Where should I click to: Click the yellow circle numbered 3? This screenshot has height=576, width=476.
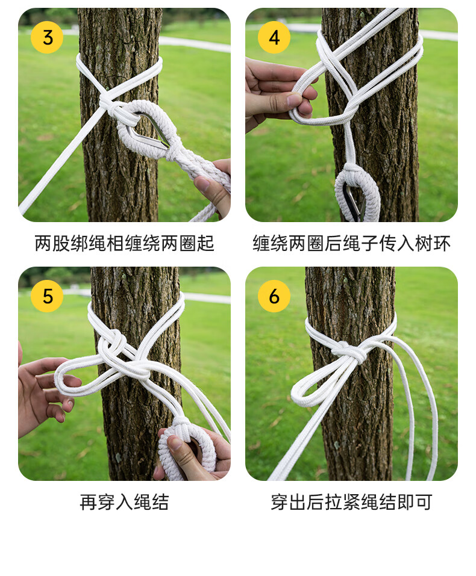tap(47, 37)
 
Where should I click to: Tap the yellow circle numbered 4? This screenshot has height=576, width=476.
tap(274, 37)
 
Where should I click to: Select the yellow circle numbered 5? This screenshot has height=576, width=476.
tap(47, 296)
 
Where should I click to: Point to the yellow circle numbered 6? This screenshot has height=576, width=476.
tap(274, 296)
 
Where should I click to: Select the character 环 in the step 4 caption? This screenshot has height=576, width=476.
tap(442, 243)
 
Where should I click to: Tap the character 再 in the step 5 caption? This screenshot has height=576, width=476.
tap(89, 502)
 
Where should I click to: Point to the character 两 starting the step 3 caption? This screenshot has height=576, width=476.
tap(43, 243)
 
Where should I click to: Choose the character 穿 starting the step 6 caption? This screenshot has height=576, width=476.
tap(280, 502)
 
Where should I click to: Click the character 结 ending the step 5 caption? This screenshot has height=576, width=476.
tap(160, 502)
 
